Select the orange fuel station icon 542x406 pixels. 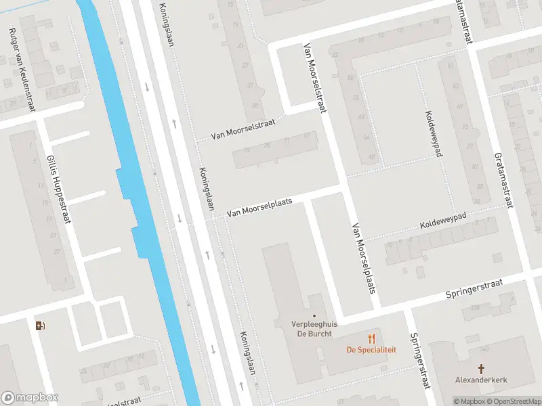(39, 325)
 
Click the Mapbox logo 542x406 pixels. (30, 398)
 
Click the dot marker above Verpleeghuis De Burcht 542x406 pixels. (314, 315)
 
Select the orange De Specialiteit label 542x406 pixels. (371, 350)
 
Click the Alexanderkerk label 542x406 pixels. (482, 380)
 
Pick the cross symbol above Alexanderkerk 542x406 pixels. (482, 369)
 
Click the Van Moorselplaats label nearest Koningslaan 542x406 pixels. (259, 207)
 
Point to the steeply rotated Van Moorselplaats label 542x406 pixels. (363, 258)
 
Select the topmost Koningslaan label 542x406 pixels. (167, 24)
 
